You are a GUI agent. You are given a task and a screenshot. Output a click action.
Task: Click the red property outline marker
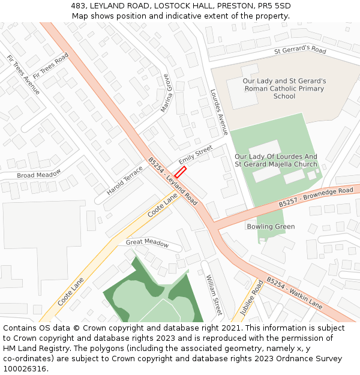click(180, 172)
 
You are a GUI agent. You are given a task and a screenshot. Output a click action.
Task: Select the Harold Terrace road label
click(125, 180)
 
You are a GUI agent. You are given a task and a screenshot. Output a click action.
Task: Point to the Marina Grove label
click(166, 93)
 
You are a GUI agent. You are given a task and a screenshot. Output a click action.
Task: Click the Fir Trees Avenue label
click(23, 74)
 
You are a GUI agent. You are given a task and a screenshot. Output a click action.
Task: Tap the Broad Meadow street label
click(38, 174)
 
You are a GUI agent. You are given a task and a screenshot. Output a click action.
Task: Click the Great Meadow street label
click(147, 242)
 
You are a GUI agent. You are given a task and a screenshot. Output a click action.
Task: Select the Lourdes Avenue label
click(219, 112)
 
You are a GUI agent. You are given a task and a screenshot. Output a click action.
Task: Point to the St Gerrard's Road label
click(300, 50)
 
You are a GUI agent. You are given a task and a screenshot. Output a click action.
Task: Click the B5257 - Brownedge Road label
click(316, 198)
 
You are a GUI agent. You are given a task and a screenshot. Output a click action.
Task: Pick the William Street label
click(214, 295)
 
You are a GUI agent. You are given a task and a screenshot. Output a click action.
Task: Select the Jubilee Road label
click(251, 298)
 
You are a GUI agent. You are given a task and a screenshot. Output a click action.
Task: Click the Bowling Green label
click(271, 226)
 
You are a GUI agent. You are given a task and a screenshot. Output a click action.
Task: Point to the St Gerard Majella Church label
click(276, 164)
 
